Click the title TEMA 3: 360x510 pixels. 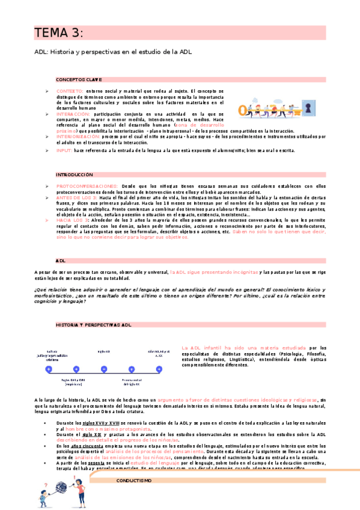[x=58, y=32]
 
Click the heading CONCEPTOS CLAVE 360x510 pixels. [x=79, y=79]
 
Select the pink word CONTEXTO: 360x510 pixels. [x=70, y=90]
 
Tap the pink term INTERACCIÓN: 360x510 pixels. [x=75, y=113]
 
